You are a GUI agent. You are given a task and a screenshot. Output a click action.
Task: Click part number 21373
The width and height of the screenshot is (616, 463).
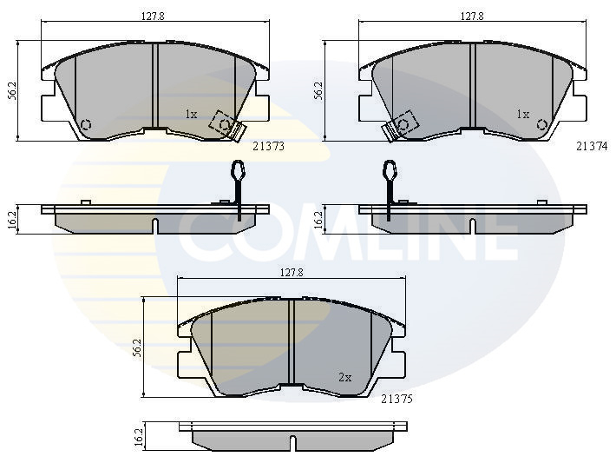[268, 146]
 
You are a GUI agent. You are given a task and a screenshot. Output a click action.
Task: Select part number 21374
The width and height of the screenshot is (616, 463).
[592, 146]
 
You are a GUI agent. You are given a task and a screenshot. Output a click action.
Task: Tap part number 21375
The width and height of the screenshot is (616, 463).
[396, 399]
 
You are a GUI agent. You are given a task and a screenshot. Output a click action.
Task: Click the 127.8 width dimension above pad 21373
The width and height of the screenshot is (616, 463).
[153, 17]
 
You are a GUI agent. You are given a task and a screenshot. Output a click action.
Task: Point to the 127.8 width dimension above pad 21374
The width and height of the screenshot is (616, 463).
[472, 17]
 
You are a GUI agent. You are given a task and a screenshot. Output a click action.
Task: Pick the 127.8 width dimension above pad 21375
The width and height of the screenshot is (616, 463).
[292, 272]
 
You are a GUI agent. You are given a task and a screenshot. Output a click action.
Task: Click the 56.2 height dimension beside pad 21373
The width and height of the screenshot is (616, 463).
[12, 90]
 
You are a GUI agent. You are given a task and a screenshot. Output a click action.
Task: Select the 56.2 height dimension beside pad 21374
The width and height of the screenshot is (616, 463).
[318, 90]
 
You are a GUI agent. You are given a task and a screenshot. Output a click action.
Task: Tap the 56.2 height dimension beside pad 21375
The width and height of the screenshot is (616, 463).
[137, 347]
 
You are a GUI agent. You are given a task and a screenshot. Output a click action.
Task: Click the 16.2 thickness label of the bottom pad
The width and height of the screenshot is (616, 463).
[138, 436]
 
